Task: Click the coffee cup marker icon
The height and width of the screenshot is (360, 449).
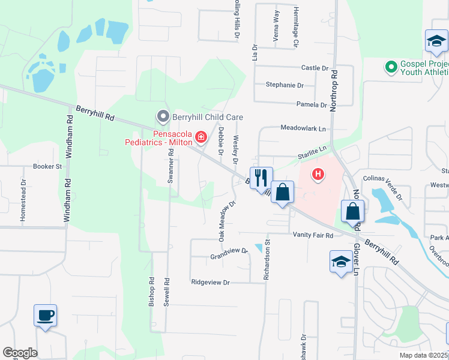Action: pyautogui.click(x=46, y=315)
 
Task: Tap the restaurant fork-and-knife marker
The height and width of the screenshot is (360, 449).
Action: pyautogui.click(x=261, y=178)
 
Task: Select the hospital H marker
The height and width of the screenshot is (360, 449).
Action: pyautogui.click(x=318, y=175)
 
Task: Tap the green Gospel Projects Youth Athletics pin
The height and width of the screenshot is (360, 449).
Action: pyautogui.click(x=391, y=67)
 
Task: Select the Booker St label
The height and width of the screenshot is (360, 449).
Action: pyautogui.click(x=47, y=166)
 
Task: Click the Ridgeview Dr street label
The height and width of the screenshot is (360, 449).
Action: pyautogui.click(x=210, y=282)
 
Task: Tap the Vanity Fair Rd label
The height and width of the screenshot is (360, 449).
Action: pyautogui.click(x=313, y=235)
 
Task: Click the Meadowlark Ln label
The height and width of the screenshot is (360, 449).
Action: pyautogui.click(x=303, y=128)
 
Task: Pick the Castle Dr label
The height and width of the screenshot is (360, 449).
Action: pyautogui.click(x=315, y=68)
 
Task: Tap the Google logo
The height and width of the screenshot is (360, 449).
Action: pyautogui.click(x=20, y=353)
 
